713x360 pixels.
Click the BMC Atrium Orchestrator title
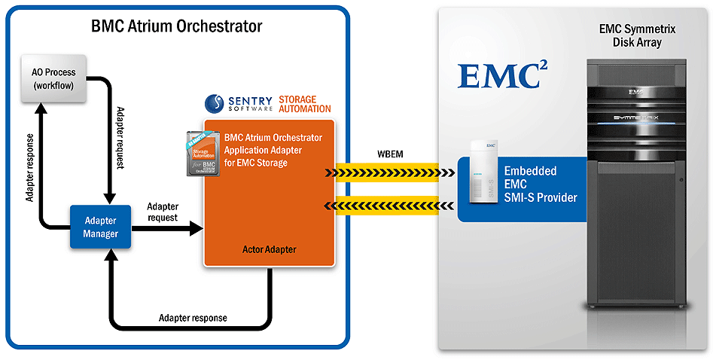tap(176, 26)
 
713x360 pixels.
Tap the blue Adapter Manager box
tap(100, 227)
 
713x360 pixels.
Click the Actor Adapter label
tap(270, 249)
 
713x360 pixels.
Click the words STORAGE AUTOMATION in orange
tap(304, 104)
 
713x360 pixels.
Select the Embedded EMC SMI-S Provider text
tap(540, 185)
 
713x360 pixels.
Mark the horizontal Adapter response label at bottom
tap(193, 318)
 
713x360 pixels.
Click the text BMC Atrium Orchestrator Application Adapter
tap(273, 144)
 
